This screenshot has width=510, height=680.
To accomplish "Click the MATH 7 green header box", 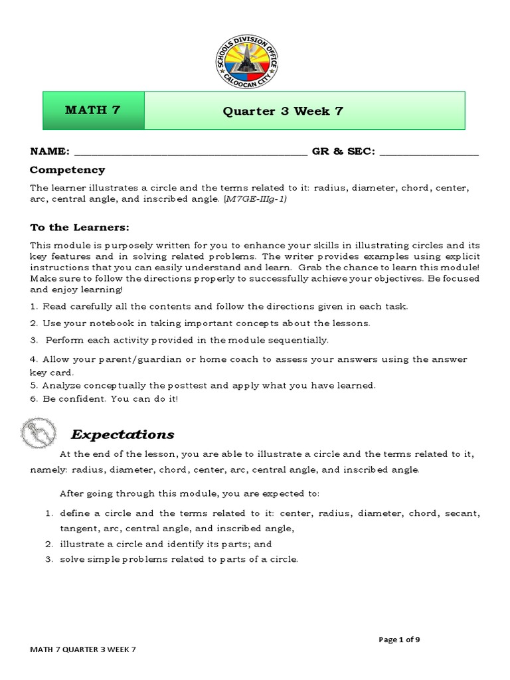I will coord(93,110).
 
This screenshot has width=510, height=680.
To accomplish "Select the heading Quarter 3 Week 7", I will coord(283,111).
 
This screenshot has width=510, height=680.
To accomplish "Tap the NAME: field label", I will coord(49,151).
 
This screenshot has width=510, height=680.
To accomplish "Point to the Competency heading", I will coord(67,170).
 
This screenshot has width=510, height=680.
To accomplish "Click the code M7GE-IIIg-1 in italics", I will coord(256,199).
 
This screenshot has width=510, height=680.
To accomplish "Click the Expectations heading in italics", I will coord(123,434).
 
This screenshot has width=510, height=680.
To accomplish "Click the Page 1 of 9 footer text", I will coord(399,639).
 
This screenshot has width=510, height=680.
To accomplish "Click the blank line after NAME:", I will coord(190,152).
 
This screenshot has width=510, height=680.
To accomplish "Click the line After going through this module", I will coord(190,493).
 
